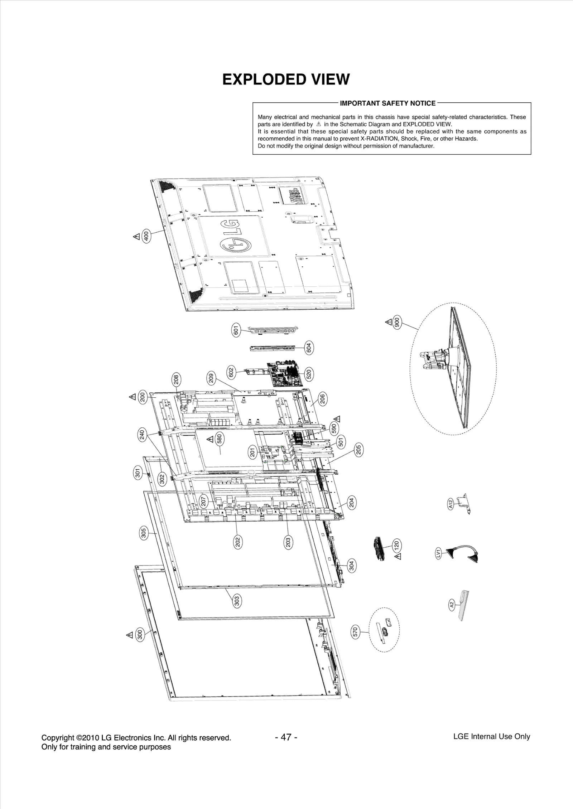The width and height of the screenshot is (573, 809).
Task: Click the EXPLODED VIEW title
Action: [x=286, y=79]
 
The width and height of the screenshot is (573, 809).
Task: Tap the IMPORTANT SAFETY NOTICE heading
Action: [x=387, y=103]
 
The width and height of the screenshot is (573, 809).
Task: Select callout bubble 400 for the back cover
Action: [x=146, y=236]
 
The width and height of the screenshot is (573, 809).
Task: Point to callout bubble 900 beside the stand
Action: [x=397, y=322]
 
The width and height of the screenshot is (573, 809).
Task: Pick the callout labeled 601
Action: [x=236, y=330]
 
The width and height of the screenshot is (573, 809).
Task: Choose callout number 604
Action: [x=309, y=347]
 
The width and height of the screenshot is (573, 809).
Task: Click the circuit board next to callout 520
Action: [x=285, y=374]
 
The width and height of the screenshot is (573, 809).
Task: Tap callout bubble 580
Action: [x=220, y=439]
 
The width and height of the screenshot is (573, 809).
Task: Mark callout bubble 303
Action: [x=237, y=601]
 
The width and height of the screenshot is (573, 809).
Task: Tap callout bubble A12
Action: [x=451, y=504]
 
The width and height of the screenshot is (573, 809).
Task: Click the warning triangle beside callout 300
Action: [x=130, y=635]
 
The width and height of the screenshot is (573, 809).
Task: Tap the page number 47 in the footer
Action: [x=286, y=737]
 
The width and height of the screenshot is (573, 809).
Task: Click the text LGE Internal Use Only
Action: [x=491, y=737]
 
